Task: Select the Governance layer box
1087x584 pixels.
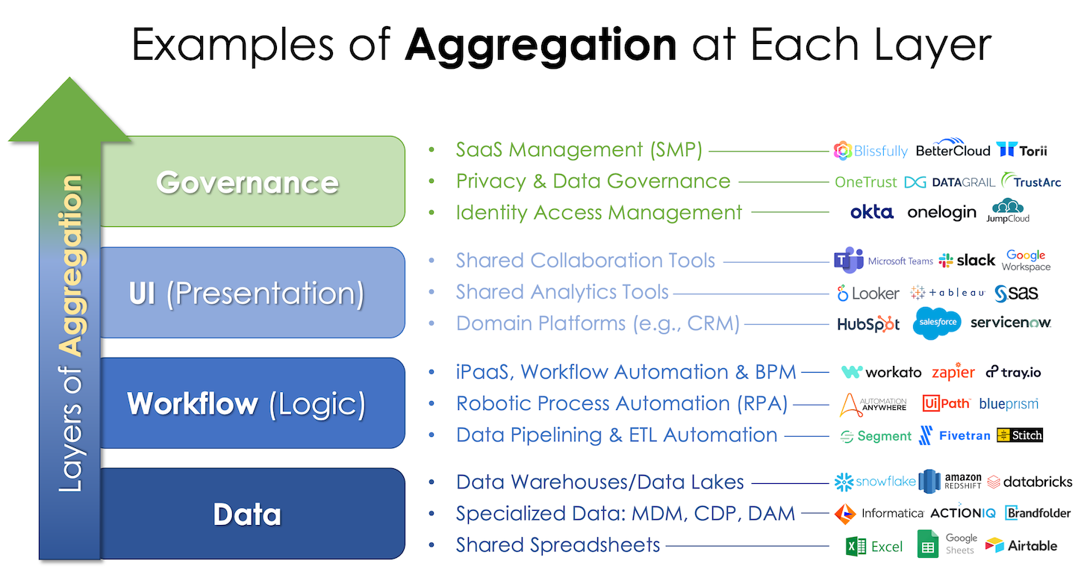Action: [x=252, y=181]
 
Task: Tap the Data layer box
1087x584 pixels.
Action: [x=252, y=513]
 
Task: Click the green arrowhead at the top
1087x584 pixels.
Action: [x=69, y=110]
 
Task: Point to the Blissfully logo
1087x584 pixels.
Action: [x=870, y=151]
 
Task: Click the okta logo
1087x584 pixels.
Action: [x=871, y=212]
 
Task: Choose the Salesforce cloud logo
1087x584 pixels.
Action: [x=936, y=323]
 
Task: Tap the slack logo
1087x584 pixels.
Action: [x=967, y=261]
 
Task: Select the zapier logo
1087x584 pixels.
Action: [x=953, y=372]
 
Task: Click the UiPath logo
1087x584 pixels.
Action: [x=947, y=403]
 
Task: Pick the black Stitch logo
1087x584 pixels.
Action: [x=1020, y=435]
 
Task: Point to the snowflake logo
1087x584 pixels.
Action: [x=874, y=482]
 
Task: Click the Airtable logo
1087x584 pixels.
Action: [x=1021, y=546]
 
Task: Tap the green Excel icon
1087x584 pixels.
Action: [x=856, y=547]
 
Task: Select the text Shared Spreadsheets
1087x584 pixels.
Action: [x=558, y=544]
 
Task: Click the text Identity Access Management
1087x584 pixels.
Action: [x=599, y=213]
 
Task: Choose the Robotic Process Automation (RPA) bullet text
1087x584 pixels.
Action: [x=622, y=403]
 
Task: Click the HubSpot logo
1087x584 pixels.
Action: [x=868, y=324]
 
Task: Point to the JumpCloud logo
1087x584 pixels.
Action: [x=1008, y=211]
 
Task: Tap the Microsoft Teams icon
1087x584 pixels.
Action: [x=848, y=260]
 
